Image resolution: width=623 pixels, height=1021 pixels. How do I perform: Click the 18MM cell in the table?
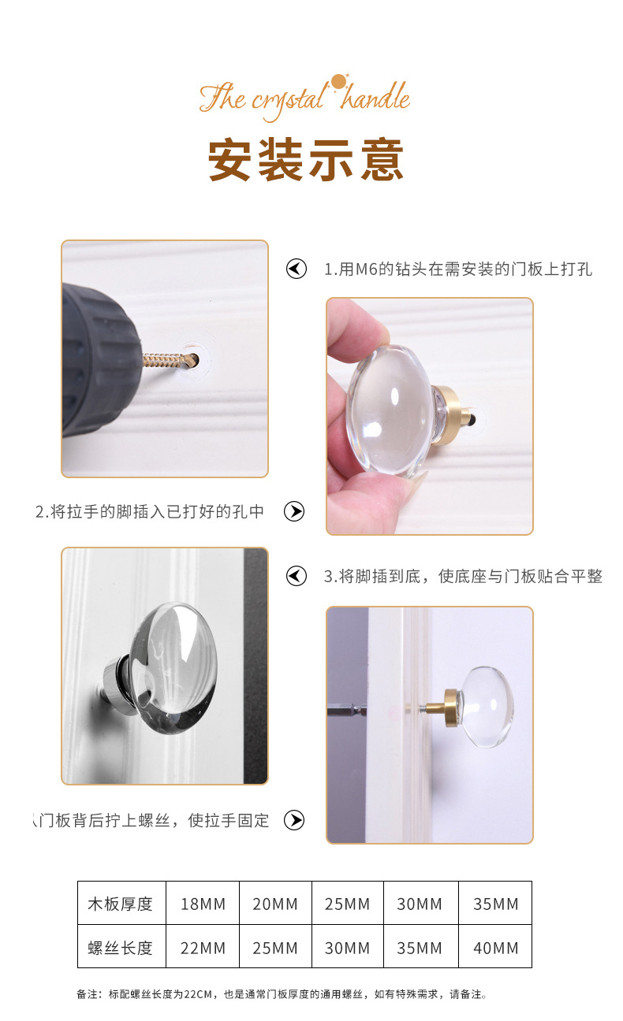pos(203,904)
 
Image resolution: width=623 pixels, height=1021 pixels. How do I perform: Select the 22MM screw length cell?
pos(203,948)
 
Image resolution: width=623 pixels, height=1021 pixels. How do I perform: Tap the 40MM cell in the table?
pos(496,948)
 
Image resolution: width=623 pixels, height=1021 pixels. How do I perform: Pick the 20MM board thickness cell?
pos(275,904)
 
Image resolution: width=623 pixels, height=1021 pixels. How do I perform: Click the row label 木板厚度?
pos(120,904)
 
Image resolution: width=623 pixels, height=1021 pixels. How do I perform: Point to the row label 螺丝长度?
pos(120,948)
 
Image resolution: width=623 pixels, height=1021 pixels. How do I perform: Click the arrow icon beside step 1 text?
pos(297,269)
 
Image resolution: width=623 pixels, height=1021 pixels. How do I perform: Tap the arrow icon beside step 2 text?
pos(294,511)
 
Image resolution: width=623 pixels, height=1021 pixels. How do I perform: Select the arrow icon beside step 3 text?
pos(297,576)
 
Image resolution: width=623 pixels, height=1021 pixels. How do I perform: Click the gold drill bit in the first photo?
pos(170,361)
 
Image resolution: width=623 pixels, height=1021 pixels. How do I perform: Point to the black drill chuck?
pos(100,360)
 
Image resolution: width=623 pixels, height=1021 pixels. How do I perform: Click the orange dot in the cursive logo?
pos(338,82)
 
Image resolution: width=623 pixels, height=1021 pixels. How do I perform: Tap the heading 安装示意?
pos(306,159)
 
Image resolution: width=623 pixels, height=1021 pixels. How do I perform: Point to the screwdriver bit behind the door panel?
pos(347,709)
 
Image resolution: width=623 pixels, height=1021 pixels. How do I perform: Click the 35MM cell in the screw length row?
pos(420,948)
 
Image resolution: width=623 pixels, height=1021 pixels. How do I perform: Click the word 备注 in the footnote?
pos(86,994)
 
